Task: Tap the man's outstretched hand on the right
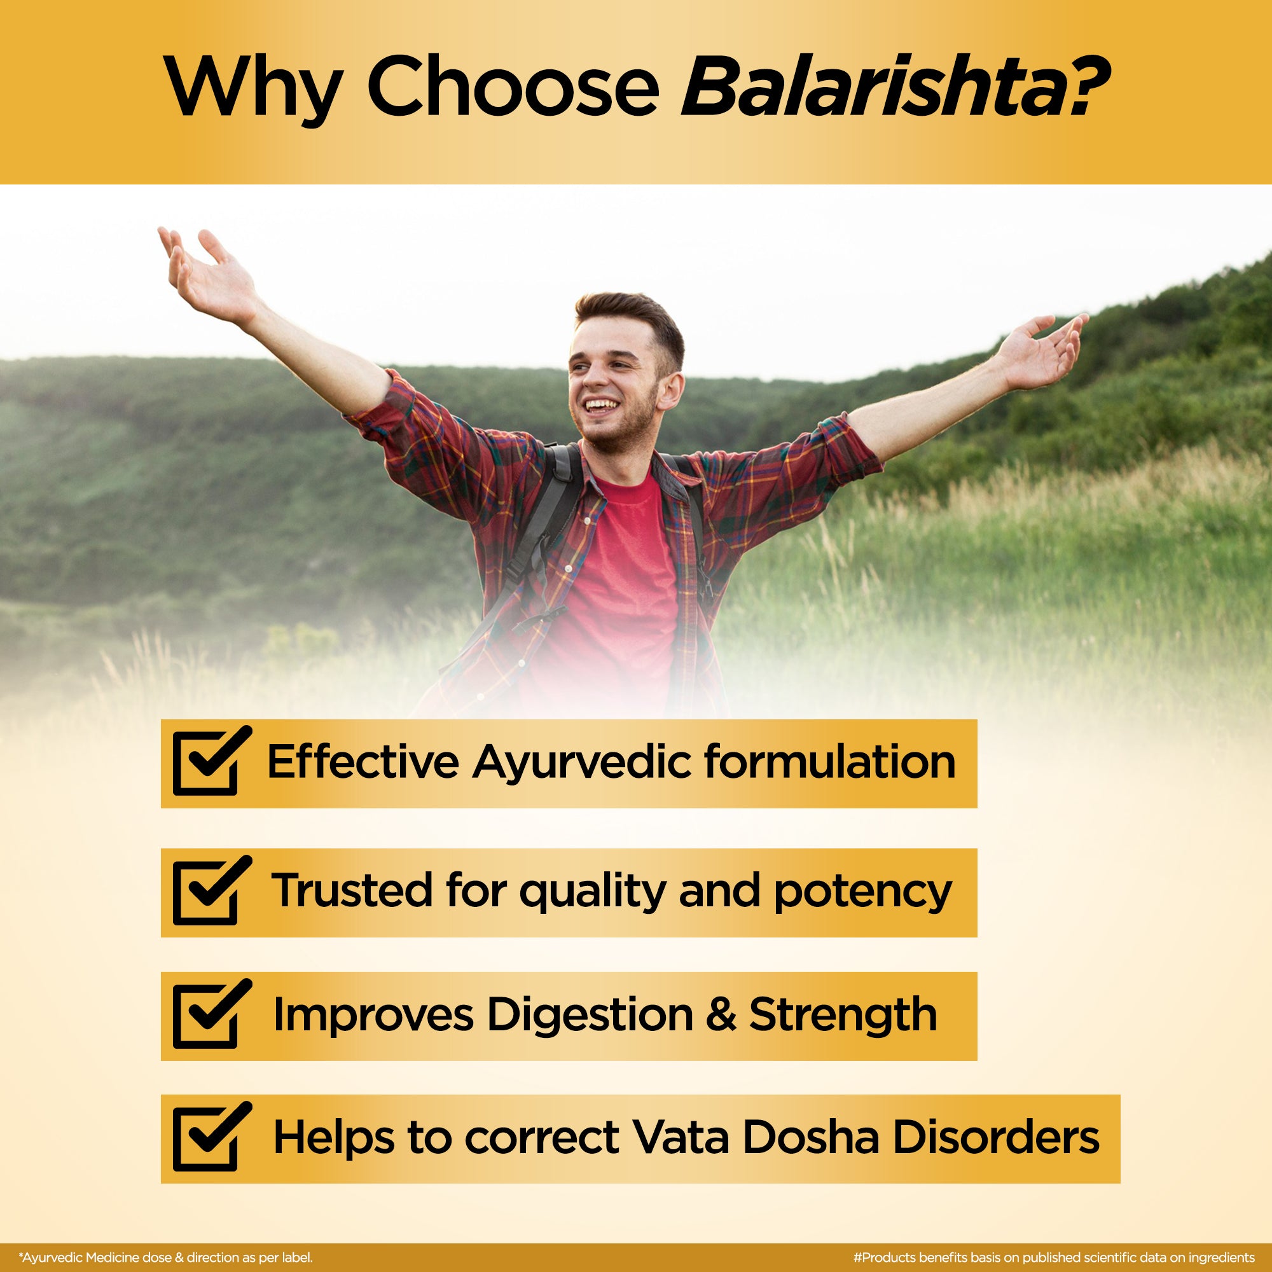(x=1040, y=349)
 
